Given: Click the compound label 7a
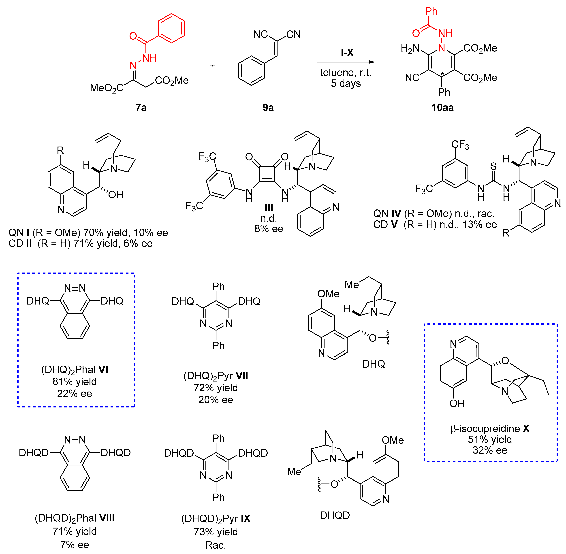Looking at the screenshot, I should pyautogui.click(x=141, y=108).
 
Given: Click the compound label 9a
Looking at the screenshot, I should pyautogui.click(x=268, y=108).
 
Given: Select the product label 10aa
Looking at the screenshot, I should pyautogui.click(x=442, y=108).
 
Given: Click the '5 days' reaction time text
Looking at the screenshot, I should pyautogui.click(x=346, y=83).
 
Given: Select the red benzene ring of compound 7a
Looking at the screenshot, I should pyautogui.click(x=171, y=28).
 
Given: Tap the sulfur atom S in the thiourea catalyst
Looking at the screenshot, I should pyautogui.click(x=493, y=166).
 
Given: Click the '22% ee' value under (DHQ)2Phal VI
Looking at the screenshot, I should pyautogui.click(x=75, y=394).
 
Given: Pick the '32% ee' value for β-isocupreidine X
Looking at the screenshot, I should pyautogui.click(x=490, y=450).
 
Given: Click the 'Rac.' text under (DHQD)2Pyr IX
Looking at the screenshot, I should pyautogui.click(x=216, y=545).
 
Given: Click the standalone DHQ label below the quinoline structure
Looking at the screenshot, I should pyautogui.click(x=374, y=364).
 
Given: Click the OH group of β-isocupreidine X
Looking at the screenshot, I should pyautogui.click(x=457, y=404).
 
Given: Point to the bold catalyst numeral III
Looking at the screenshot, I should pyautogui.click(x=269, y=208).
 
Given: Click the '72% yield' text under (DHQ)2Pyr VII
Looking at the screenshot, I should pyautogui.click(x=216, y=388).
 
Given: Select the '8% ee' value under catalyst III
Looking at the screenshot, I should pyautogui.click(x=269, y=229).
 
